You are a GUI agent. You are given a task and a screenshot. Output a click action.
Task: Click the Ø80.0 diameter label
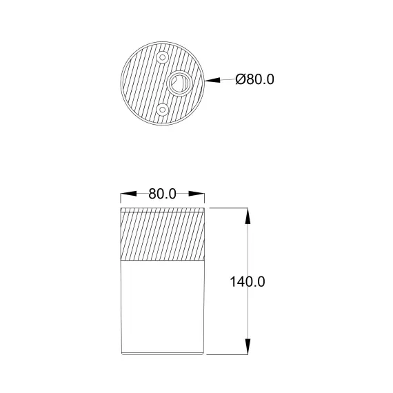(x=254, y=79)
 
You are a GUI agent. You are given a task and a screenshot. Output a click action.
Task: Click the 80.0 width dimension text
(x=163, y=194)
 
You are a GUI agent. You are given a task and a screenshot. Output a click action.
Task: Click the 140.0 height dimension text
(x=248, y=282)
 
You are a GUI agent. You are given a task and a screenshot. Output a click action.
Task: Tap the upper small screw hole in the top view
(x=163, y=57)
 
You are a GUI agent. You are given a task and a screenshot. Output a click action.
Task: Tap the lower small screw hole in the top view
(x=163, y=110)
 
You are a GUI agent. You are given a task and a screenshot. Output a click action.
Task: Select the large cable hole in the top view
(x=179, y=83)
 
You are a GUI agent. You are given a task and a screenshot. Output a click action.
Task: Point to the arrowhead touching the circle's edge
(x=212, y=80)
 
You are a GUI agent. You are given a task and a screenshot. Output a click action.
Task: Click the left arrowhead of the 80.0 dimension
(x=128, y=194)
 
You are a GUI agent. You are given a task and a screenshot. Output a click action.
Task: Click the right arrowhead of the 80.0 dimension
(x=196, y=194)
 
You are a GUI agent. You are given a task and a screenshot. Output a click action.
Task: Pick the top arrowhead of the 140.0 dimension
(x=248, y=216)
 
